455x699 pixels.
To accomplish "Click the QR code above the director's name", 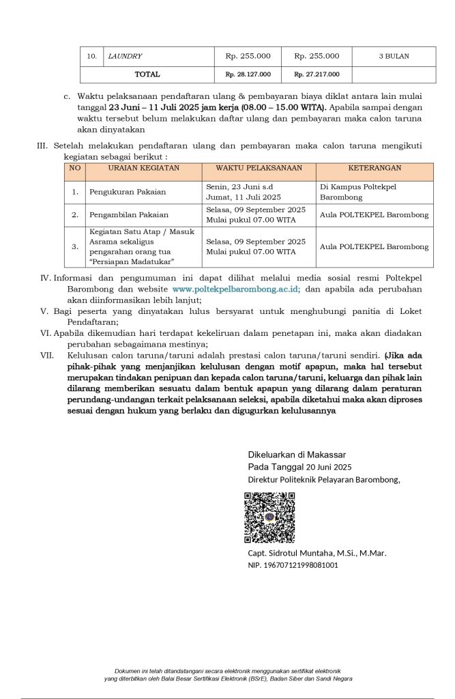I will (x=270, y=517).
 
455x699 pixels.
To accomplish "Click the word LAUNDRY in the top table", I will (x=125, y=56).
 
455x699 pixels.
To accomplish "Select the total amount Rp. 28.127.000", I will (x=248, y=74).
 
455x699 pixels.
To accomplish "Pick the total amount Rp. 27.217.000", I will (x=317, y=74).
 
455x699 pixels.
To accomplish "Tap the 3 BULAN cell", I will (x=394, y=56).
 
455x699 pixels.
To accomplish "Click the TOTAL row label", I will (x=147, y=74).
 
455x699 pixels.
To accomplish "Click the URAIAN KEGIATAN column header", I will (x=143, y=167).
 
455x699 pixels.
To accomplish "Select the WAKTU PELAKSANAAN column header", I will (x=259, y=167).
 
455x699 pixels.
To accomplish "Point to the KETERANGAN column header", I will (x=375, y=167).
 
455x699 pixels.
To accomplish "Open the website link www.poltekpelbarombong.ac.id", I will (x=236, y=289).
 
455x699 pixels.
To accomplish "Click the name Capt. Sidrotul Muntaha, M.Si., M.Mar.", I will (x=317, y=553).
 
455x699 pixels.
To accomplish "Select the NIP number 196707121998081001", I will (x=293, y=565).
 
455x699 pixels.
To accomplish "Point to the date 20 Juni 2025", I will (x=328, y=468).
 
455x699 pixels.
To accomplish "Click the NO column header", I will (x=75, y=167).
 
